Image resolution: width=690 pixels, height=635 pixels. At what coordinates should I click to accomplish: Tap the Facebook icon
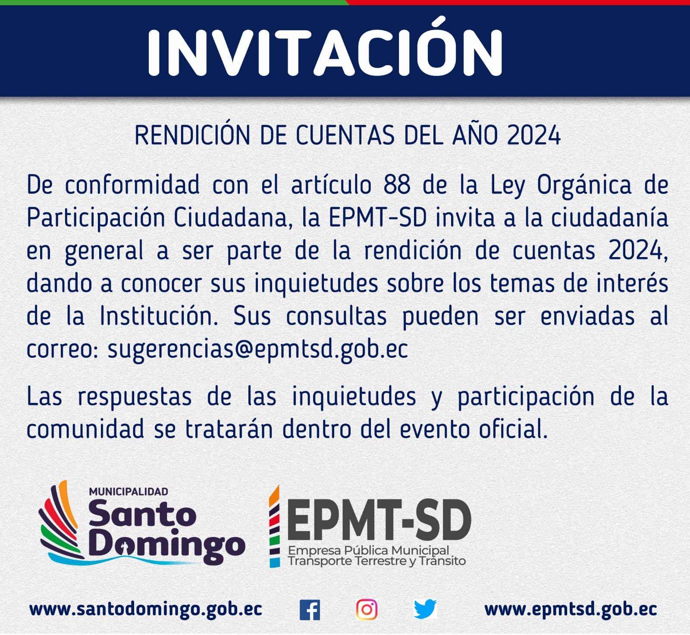[x=310, y=610]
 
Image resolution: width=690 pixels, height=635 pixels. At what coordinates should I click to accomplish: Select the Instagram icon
[x=367, y=610]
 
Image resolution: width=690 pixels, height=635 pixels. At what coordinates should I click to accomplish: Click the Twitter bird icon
[x=425, y=609]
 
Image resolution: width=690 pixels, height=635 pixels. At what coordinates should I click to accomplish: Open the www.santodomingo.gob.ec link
[x=146, y=610]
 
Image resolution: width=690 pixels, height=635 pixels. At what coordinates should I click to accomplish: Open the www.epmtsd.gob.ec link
[x=571, y=610]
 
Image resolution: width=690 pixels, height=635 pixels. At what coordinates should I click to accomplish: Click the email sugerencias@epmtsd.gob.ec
[x=257, y=349]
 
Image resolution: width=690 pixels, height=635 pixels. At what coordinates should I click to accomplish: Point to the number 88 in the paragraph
[x=397, y=185]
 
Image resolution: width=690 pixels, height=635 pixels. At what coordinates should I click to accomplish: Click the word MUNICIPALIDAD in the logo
[x=129, y=491]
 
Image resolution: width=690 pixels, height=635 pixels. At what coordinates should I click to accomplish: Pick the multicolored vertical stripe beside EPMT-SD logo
[x=274, y=526]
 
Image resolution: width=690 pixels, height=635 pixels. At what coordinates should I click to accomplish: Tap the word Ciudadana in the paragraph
[x=231, y=218]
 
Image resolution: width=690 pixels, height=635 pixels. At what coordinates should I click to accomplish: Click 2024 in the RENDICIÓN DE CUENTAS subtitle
[x=534, y=135]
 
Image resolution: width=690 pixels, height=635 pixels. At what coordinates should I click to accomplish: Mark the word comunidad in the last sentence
[x=85, y=429]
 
